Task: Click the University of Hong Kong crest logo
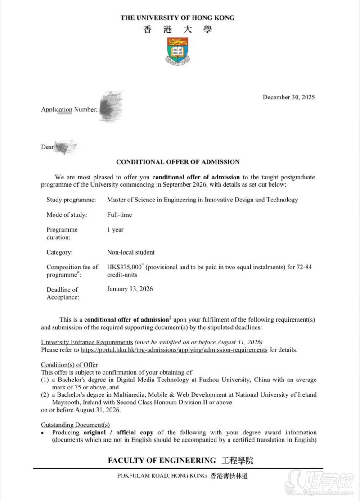coord(178,50)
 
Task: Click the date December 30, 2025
coord(288,97)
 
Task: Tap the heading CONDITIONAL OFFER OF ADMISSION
coord(178,162)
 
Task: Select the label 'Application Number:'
coord(69,109)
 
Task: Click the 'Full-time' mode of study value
coord(119,215)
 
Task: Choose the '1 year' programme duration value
coord(115,230)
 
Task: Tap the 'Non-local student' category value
coord(130,252)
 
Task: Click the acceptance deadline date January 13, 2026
coord(130,289)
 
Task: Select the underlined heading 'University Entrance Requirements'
coord(87,342)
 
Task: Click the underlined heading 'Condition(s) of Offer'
coord(69,365)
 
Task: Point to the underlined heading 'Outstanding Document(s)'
coord(75,425)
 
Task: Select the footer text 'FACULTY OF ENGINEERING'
coord(162,461)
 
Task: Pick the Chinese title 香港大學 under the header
coord(178,30)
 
